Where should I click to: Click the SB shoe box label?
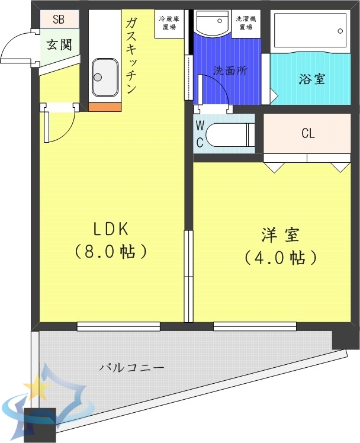pos(59,19)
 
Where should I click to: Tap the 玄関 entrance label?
pos(60,44)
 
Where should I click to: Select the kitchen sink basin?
pos(105,77)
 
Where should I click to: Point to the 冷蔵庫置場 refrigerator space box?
pos(169,25)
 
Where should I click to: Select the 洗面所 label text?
pos(230,70)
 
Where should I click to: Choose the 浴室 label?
pos(311,79)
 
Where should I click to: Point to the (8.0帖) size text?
pos(110,252)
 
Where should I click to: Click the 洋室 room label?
pos(281,235)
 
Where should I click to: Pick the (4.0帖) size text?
pos(281,258)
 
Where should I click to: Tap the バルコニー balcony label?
pos(131,367)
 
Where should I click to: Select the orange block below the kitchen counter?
pos(105,107)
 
